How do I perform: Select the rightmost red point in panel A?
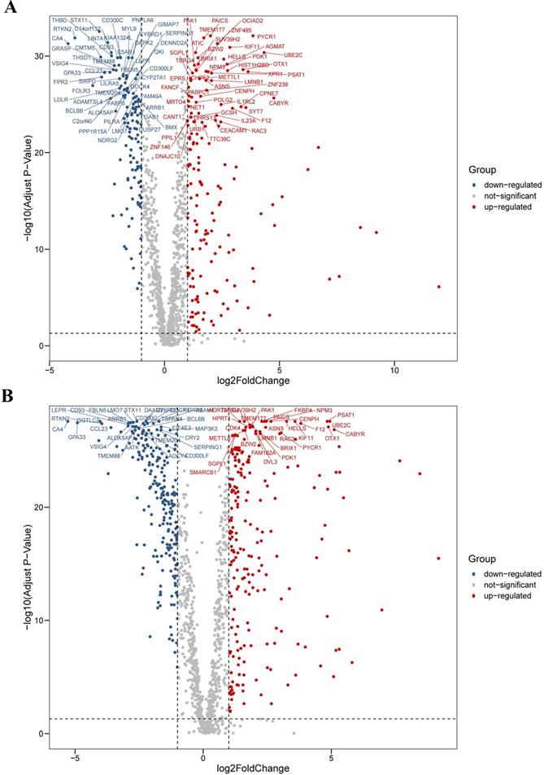click(438, 286)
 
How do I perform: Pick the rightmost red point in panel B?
click(438, 558)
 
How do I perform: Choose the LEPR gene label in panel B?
click(59, 410)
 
